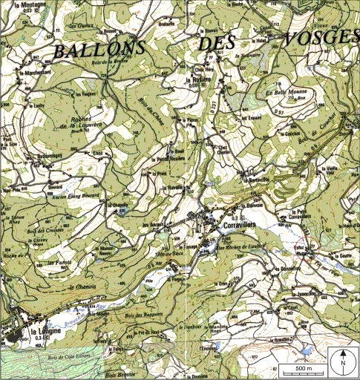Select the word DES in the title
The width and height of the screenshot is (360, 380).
point(222,45)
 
